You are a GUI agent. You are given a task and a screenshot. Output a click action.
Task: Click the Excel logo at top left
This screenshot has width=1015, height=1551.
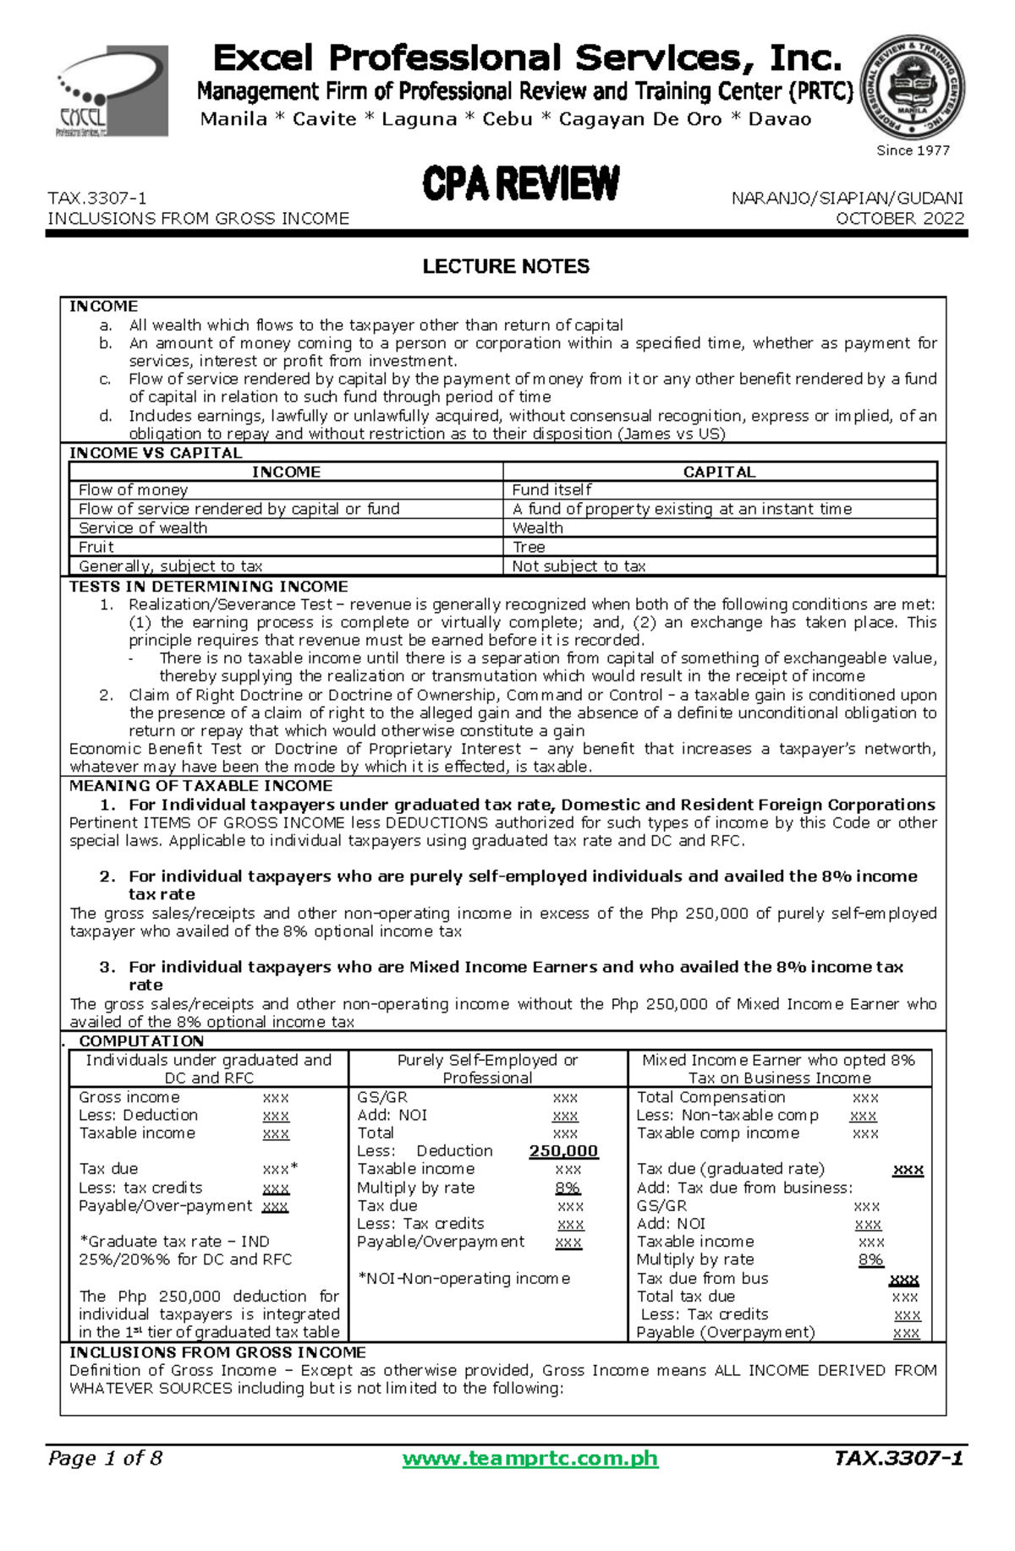click(x=112, y=91)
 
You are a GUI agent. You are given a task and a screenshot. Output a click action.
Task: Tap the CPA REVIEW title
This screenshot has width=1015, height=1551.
click(x=521, y=184)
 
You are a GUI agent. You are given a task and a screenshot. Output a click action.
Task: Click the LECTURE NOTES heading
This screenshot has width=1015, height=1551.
click(x=506, y=266)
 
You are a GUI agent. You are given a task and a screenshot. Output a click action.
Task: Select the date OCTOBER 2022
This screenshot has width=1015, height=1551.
click(x=900, y=218)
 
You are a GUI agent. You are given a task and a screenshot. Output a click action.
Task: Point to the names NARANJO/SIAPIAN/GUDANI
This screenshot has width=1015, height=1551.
click(x=847, y=198)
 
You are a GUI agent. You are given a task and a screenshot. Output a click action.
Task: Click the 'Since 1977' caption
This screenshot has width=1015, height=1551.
click(x=913, y=150)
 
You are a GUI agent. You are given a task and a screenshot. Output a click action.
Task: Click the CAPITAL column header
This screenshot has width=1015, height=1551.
click(x=719, y=472)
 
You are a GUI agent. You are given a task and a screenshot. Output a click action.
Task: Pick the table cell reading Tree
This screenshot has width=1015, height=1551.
click(x=529, y=547)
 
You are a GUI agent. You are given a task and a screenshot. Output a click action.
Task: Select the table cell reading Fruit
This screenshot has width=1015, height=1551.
click(x=96, y=547)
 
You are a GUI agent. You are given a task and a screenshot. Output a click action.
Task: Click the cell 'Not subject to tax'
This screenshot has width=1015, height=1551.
click(x=579, y=566)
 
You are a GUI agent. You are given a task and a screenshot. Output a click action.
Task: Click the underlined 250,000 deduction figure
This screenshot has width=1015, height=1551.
click(x=563, y=1151)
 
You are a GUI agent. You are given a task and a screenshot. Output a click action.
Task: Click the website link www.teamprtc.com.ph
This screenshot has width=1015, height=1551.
click(x=529, y=1458)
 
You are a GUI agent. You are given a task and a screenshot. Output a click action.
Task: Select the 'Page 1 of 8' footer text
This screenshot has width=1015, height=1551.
click(x=106, y=1458)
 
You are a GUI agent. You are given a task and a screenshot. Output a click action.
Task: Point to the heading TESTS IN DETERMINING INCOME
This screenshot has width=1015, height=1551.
click(x=208, y=586)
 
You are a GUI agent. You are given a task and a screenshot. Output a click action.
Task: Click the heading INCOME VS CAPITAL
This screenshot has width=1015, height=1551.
click(x=156, y=453)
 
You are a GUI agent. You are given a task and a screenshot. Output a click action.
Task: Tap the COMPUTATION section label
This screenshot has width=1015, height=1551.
click(x=141, y=1041)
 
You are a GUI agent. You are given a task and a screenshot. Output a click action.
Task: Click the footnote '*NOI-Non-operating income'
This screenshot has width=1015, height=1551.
click(x=464, y=1278)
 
